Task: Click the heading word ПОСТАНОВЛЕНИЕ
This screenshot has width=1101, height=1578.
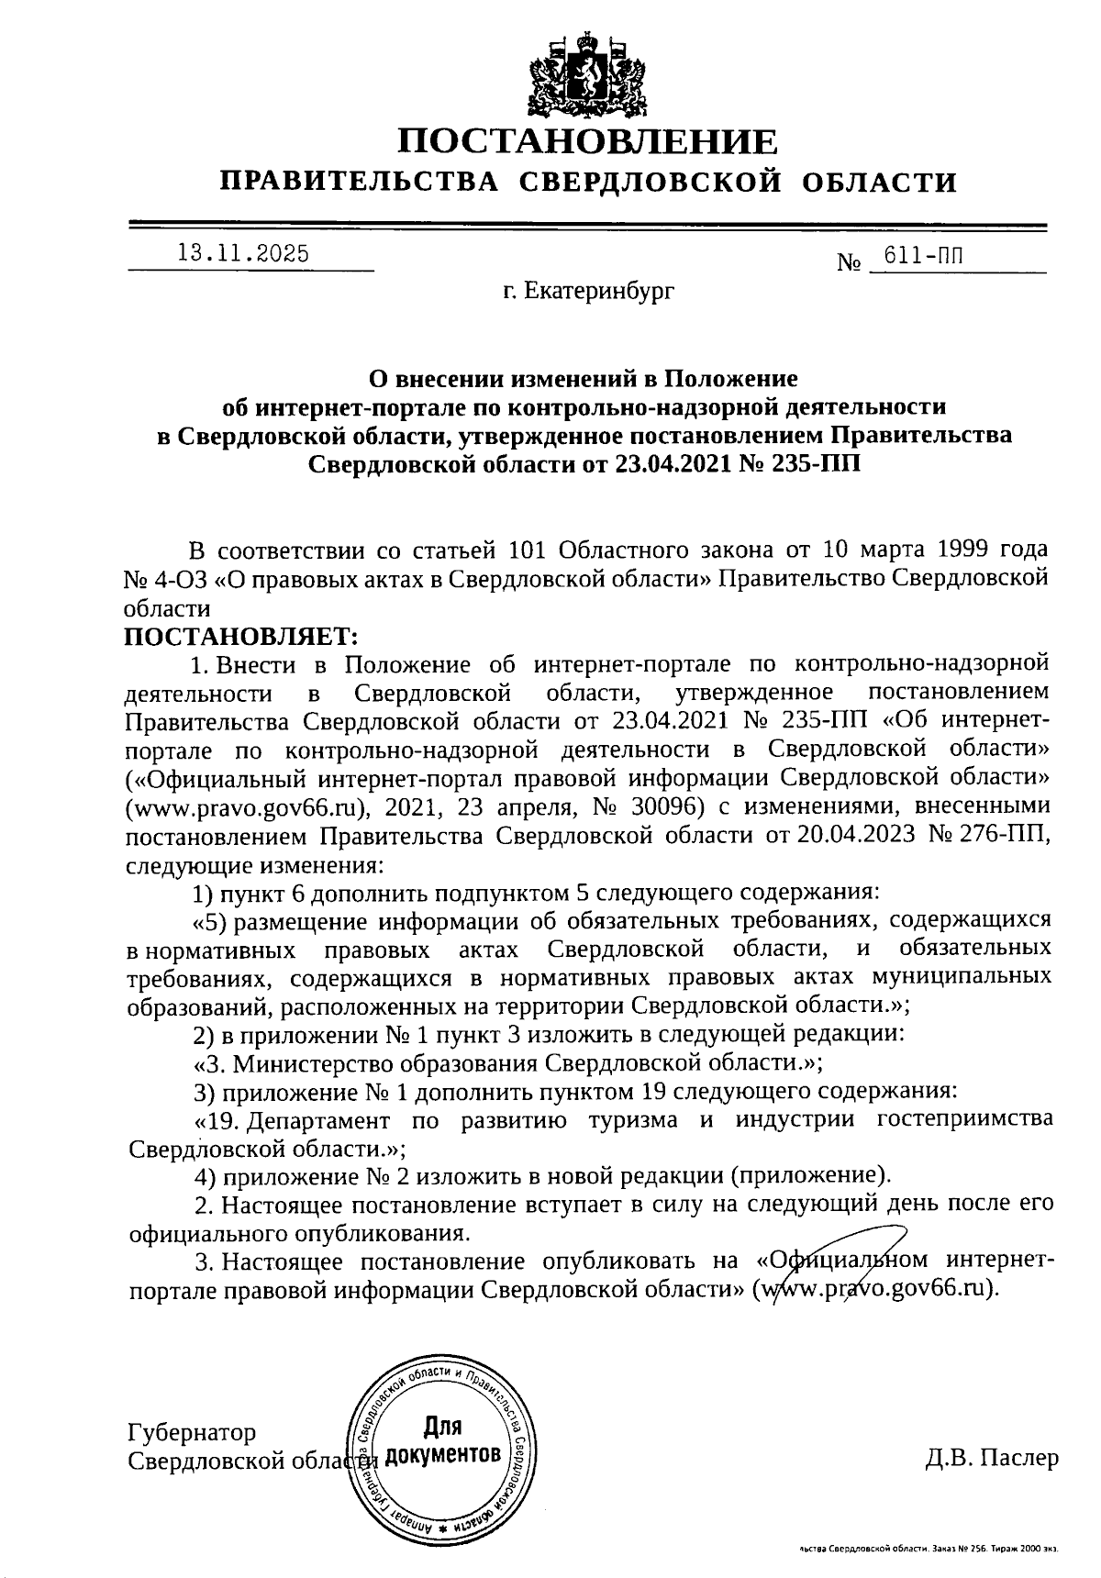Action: click(x=588, y=142)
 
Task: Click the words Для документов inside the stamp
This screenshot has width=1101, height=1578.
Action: click(x=443, y=1440)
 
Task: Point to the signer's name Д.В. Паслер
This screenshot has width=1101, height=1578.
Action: click(x=992, y=1458)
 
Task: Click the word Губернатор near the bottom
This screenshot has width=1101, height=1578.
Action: click(x=193, y=1432)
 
